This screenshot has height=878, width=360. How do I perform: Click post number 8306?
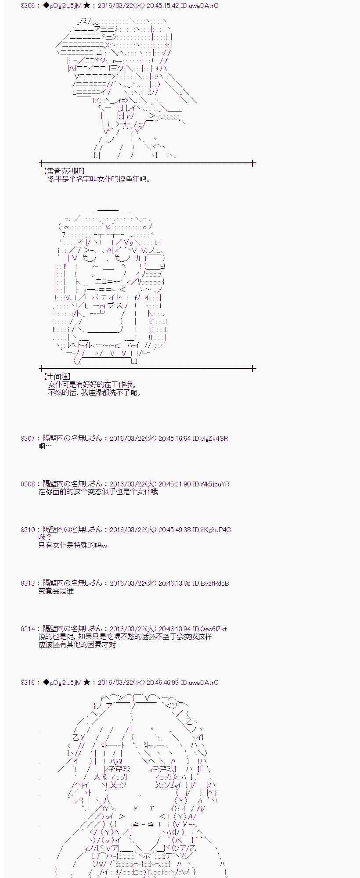[x=27, y=6]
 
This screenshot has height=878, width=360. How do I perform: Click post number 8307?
[x=27, y=438]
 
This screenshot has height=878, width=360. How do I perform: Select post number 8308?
[x=27, y=484]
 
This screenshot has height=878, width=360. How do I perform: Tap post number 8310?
[x=27, y=529]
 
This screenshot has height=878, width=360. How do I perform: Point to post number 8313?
[x=27, y=583]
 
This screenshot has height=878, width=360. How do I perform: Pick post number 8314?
[x=27, y=629]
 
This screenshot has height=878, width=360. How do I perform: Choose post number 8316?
[x=27, y=682]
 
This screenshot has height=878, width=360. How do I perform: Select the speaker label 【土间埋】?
[x=57, y=377]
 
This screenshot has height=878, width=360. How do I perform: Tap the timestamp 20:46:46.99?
[x=162, y=682]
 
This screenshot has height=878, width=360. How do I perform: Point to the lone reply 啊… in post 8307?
[x=45, y=446]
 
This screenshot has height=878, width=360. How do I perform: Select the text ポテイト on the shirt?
[x=106, y=297]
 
